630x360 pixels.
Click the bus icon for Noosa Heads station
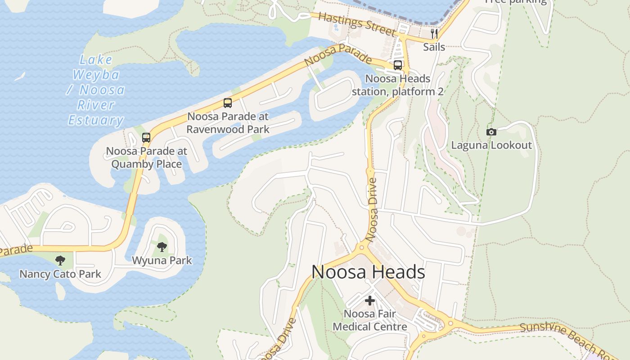398,65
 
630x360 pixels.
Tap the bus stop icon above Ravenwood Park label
228,103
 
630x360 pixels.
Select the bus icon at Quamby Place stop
146,138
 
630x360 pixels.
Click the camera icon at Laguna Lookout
491,132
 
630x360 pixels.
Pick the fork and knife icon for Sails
434,34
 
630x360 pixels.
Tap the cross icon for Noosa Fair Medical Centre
370,300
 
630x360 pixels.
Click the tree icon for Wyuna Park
162,247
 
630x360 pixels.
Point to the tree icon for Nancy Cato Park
60,260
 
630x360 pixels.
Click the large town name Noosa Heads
368,272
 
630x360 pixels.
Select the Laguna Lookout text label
491,145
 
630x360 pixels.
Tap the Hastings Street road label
357,24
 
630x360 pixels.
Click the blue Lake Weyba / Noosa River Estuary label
96,90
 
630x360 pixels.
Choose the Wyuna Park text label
162,260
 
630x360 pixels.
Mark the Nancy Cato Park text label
60,274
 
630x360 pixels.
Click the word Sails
434,47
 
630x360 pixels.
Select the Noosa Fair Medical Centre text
370,320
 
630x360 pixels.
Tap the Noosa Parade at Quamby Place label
147,157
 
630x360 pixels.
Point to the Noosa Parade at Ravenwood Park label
228,123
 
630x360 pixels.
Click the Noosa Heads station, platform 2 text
398,85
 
